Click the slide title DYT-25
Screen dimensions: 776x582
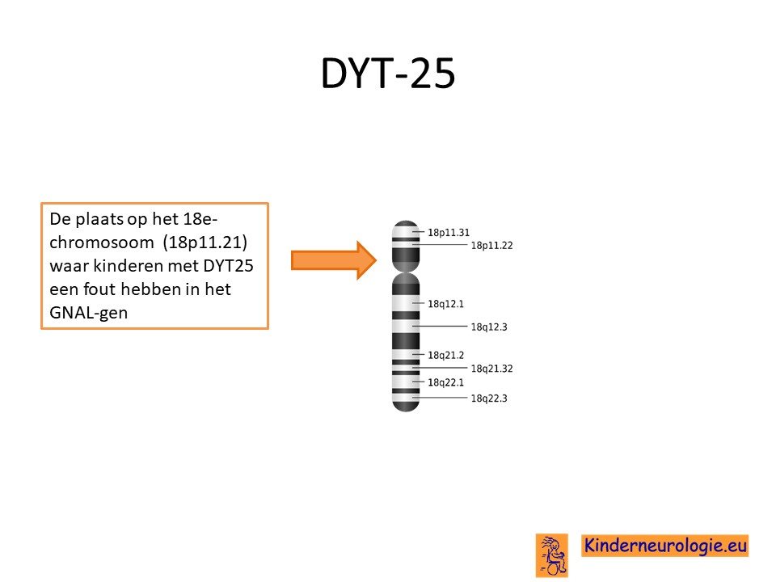[x=387, y=74]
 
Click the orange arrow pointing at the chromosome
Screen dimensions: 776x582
[x=334, y=260]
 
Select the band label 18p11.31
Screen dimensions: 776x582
[x=449, y=232]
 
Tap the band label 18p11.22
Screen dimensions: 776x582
[x=491, y=245]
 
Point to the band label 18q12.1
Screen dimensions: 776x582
[x=445, y=304]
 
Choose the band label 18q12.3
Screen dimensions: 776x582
[x=489, y=327]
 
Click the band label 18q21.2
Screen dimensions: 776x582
[x=445, y=355]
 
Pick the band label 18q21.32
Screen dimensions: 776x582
[x=491, y=369]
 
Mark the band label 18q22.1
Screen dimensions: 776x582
[x=445, y=382]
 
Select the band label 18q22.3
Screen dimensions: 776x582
[x=489, y=398]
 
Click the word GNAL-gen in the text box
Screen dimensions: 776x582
[x=89, y=313]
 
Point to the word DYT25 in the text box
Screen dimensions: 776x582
[x=228, y=266]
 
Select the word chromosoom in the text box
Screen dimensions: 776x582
[x=102, y=242]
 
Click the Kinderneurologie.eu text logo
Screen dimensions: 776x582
[x=664, y=546]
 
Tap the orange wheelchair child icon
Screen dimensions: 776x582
[x=552, y=555]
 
